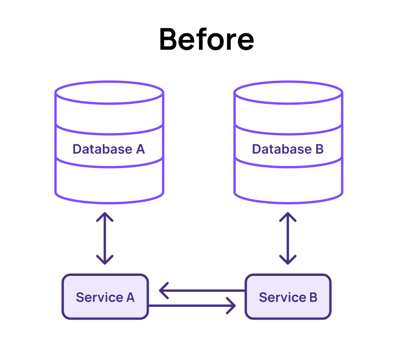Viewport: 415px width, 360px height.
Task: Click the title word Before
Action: tap(207, 39)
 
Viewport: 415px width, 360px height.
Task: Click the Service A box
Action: tap(105, 297)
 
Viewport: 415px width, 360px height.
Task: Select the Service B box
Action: tap(288, 297)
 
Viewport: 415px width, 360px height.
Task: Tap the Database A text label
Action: tap(109, 149)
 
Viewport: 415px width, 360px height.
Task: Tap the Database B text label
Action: tap(288, 149)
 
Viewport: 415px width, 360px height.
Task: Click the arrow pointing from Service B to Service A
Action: tap(202, 290)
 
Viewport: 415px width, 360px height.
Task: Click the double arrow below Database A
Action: tap(105, 238)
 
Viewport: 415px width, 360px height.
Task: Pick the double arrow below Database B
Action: tap(288, 238)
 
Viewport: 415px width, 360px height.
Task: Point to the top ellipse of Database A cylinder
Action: tap(109, 93)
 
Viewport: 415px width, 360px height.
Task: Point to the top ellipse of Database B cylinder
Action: tap(288, 93)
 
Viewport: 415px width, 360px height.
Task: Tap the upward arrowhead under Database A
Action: tap(105, 217)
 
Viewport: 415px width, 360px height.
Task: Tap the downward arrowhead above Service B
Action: tap(288, 260)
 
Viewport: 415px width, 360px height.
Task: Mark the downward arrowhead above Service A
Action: tap(105, 260)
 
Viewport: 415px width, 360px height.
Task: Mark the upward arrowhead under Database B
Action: tap(288, 217)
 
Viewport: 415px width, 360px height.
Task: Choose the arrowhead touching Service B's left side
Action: tap(231, 306)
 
